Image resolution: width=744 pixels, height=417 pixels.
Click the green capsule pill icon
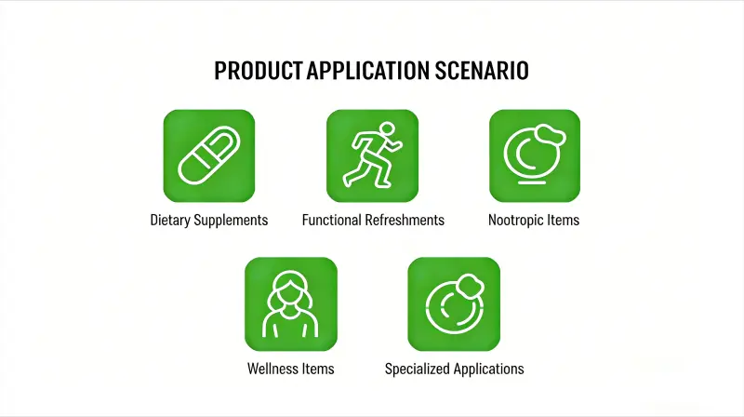click(209, 155)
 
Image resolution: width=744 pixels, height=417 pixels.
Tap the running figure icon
click(372, 155)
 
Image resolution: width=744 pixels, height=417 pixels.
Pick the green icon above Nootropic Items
click(535, 155)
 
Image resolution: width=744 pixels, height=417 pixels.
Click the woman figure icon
click(290, 303)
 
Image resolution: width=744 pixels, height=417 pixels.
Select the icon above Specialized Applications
click(454, 303)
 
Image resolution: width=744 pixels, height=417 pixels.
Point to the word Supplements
click(232, 221)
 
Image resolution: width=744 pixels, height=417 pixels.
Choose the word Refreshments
click(405, 221)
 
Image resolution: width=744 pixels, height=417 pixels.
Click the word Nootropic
click(516, 221)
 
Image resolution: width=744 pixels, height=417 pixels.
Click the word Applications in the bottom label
click(489, 369)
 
